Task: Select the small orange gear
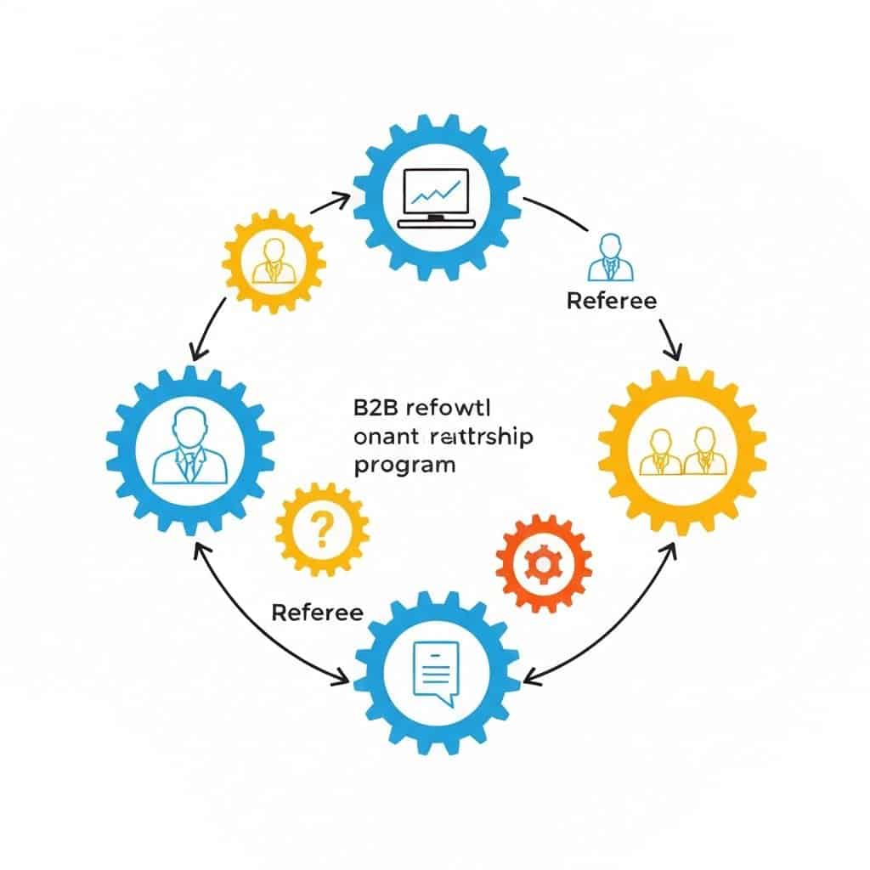(x=543, y=560)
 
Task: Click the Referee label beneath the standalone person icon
(x=611, y=301)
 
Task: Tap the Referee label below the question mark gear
(x=317, y=613)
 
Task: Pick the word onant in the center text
(x=381, y=437)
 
